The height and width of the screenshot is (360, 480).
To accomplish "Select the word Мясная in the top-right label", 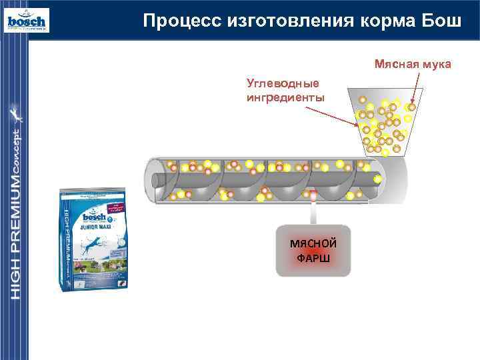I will [x=396, y=65].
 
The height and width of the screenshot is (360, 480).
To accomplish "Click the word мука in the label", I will [x=435, y=65].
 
